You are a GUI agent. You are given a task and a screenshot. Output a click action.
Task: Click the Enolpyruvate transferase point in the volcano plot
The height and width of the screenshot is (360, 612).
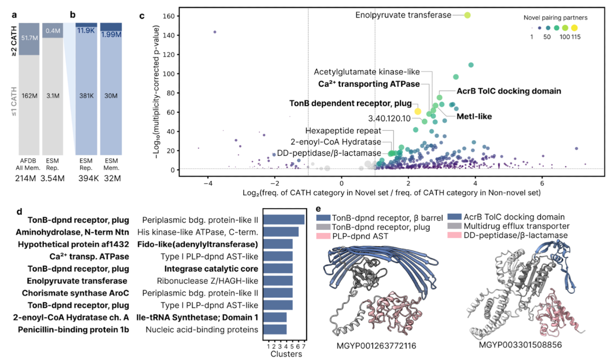tap(467, 15)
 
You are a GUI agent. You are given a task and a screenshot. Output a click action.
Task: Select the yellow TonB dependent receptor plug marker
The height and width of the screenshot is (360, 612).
tap(418, 111)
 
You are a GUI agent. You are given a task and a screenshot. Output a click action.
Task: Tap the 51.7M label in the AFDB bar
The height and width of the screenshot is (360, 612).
tap(30, 38)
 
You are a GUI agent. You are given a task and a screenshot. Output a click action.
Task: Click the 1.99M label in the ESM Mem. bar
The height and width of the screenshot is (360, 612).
tap(111, 35)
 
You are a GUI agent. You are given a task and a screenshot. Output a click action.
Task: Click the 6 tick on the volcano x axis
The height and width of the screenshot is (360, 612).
tap(542, 183)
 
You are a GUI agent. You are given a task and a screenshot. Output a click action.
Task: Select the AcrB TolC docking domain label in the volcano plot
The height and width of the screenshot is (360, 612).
tap(509, 91)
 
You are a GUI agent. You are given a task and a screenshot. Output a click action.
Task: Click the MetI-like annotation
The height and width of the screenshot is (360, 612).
tap(474, 117)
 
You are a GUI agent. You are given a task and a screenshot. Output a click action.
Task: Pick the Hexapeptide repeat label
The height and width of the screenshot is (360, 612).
tap(343, 131)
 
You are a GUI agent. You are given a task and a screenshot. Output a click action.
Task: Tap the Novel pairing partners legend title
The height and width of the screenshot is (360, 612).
tap(555, 18)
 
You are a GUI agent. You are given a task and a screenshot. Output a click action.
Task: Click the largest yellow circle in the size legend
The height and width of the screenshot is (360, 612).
tap(574, 28)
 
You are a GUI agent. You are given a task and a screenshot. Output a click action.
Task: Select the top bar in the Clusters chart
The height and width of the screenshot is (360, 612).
tap(284, 219)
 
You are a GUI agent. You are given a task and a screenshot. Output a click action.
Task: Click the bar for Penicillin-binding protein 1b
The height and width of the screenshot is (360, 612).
tap(275, 329)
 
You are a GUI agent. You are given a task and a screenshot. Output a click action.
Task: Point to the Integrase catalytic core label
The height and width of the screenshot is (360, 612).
tap(211, 269)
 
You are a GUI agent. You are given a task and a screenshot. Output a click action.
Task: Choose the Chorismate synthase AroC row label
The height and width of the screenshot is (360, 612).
tap(75, 293)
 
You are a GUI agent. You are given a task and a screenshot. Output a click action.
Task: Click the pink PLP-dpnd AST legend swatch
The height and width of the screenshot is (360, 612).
tap(323, 236)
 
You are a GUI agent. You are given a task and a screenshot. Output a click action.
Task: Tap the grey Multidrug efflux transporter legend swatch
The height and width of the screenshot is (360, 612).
tap(454, 226)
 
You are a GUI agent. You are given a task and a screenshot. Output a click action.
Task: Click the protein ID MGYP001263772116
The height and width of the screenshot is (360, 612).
tap(376, 346)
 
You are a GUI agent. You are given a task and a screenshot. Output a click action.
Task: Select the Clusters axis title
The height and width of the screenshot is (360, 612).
tap(286, 354)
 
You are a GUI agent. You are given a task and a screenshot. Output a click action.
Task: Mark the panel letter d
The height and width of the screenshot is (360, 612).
tap(19, 212)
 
